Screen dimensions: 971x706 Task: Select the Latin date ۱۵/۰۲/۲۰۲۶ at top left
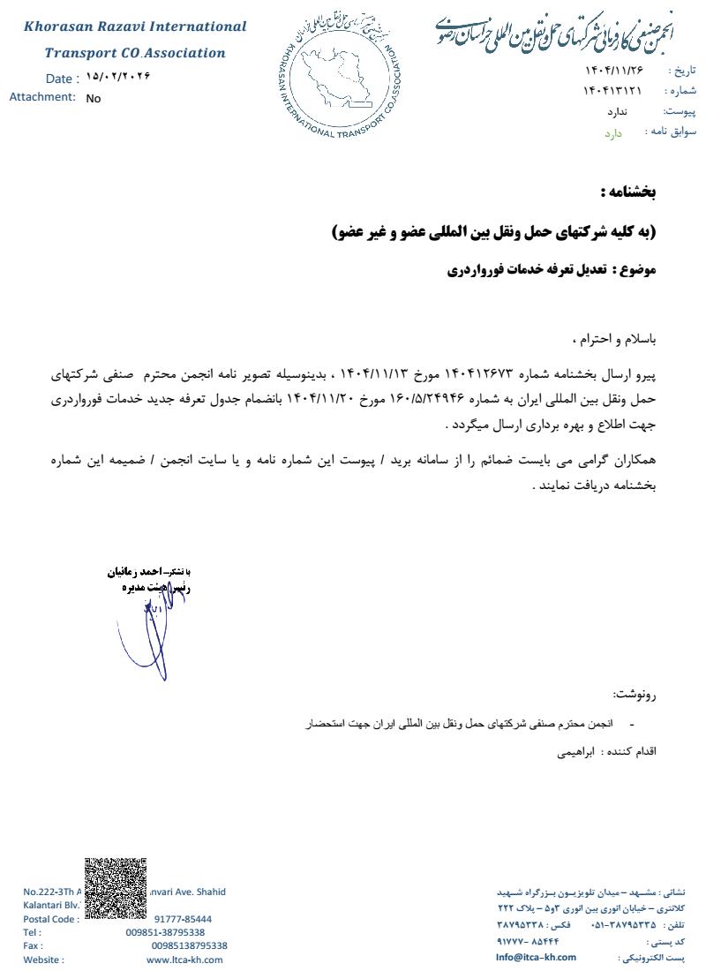pyautogui.click(x=119, y=77)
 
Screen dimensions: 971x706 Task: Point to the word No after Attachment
pyautogui.click(x=94, y=99)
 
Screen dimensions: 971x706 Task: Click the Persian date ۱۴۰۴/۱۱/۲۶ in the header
pyautogui.click(x=614, y=70)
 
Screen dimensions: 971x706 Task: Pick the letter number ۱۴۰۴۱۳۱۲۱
pyautogui.click(x=612, y=91)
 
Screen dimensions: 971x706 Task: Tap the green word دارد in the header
pyautogui.click(x=613, y=133)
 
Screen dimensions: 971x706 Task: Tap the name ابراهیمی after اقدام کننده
pyautogui.click(x=575, y=753)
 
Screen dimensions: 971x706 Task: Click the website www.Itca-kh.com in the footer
pyautogui.click(x=184, y=960)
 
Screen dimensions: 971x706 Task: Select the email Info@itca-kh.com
pyautogui.click(x=536, y=957)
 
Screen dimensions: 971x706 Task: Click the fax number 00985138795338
pyautogui.click(x=189, y=945)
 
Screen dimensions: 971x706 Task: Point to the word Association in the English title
pyautogui.click(x=185, y=53)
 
